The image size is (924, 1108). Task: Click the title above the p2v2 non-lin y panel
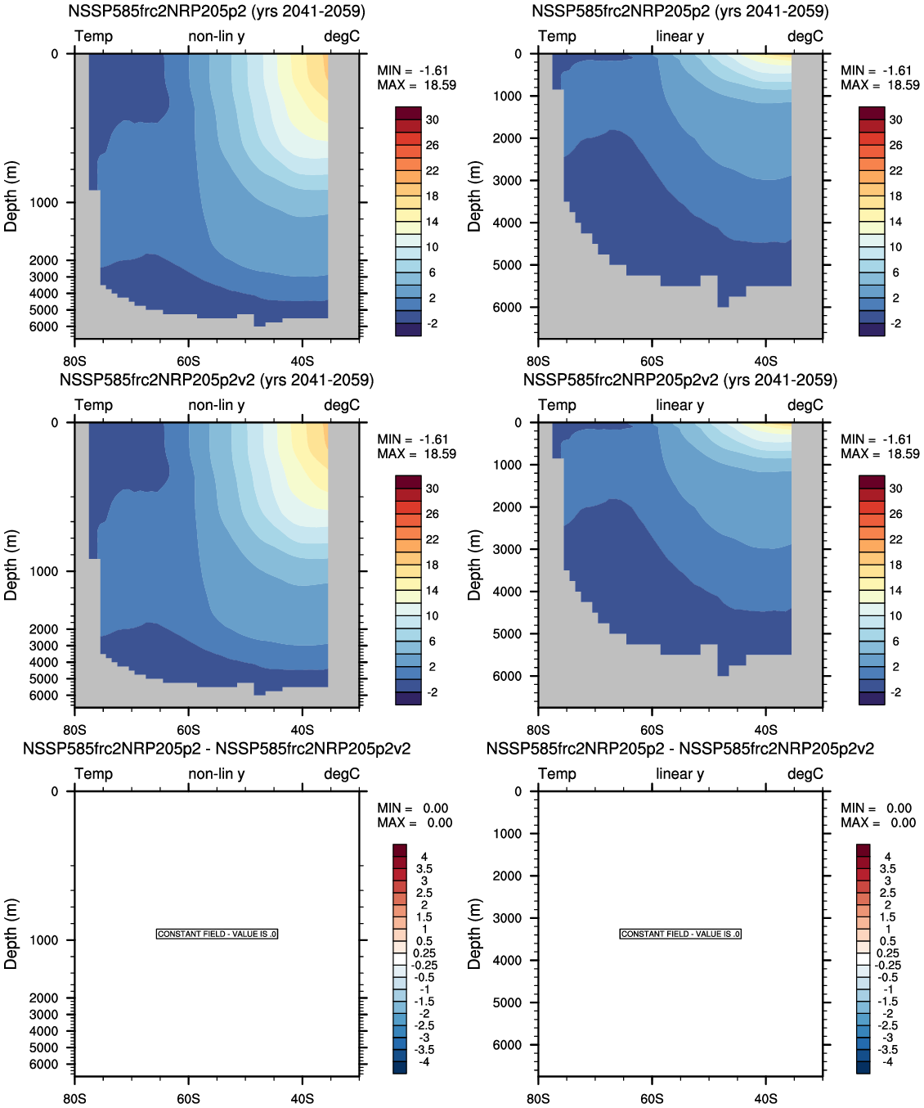click(217, 381)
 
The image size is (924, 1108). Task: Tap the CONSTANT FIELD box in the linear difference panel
click(680, 934)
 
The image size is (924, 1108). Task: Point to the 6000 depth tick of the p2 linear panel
click(507, 308)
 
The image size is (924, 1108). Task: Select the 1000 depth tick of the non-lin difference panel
click(44, 940)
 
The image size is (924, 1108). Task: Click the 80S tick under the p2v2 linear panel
click(538, 730)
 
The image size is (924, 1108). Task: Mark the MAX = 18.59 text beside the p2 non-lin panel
click(416, 85)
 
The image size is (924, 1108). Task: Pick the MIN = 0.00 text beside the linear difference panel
click(876, 808)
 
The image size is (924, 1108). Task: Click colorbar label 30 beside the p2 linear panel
click(896, 119)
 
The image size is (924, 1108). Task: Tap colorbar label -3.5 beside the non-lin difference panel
click(424, 1050)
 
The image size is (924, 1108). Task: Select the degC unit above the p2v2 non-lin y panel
click(342, 405)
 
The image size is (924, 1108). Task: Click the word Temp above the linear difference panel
click(557, 774)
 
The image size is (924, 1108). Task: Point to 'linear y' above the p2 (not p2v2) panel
click(680, 36)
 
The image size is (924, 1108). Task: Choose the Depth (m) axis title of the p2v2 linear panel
click(474, 565)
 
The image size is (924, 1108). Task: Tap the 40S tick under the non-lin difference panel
click(303, 1098)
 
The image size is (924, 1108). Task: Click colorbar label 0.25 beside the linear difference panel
click(888, 953)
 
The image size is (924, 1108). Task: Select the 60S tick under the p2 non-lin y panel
click(188, 361)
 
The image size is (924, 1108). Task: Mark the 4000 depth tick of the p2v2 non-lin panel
click(44, 663)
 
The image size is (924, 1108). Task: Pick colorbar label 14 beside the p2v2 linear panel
click(896, 590)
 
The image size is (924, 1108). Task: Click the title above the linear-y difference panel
click(680, 749)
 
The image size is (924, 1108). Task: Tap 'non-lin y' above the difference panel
click(217, 774)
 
